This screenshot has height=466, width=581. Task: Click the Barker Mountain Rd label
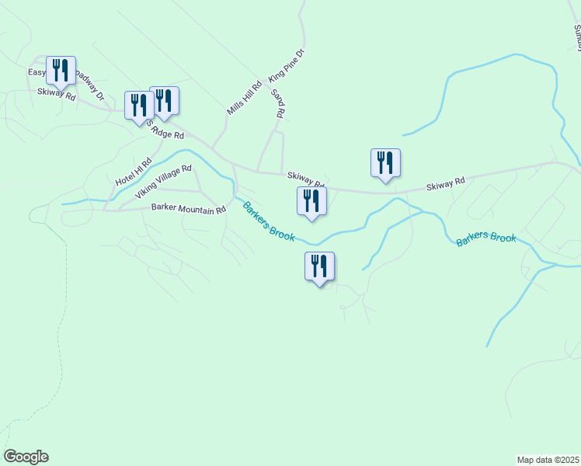[x=183, y=210]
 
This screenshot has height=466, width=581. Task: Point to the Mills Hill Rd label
[x=244, y=99]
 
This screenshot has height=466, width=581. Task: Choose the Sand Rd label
[x=278, y=103]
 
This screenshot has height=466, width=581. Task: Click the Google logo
[x=26, y=457]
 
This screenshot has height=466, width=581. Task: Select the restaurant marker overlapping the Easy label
[x=61, y=71]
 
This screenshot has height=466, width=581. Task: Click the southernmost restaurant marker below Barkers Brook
[x=319, y=266]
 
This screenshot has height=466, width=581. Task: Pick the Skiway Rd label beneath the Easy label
[x=56, y=95]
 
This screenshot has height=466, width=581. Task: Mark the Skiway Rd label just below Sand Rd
[x=305, y=179]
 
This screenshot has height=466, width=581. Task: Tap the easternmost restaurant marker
[x=385, y=163]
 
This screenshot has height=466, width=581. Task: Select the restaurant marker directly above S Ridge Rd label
[x=139, y=106]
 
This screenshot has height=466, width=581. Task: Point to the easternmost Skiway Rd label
[x=445, y=184]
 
